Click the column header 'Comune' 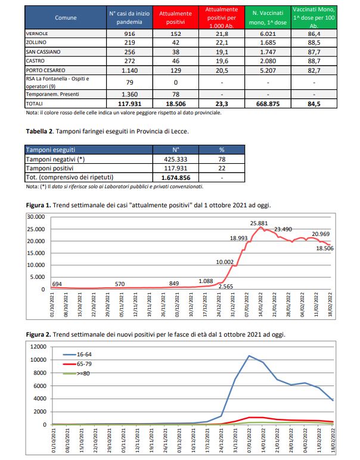pos(66,18)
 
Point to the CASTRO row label pos(35,61)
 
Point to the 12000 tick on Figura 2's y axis pos(38,347)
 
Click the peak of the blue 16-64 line pos(249,356)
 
